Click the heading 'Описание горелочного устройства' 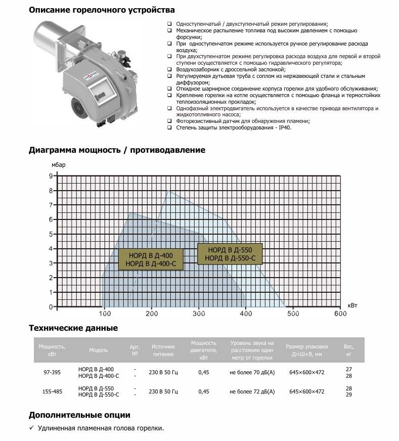tap(102, 10)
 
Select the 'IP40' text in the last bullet tap(285, 127)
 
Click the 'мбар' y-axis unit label tap(58, 165)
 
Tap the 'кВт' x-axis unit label tap(352, 305)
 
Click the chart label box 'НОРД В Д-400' tap(151, 259)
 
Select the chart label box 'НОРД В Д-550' tap(230, 254)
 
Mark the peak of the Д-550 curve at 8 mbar tap(168, 191)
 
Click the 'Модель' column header tap(99, 350)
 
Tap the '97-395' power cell tap(52, 372)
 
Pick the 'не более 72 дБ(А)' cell tap(252, 391)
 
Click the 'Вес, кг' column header tap(348, 350)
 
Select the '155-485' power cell tap(52, 391)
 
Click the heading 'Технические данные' tap(73, 328)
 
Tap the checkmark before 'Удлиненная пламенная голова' tap(31, 428)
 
